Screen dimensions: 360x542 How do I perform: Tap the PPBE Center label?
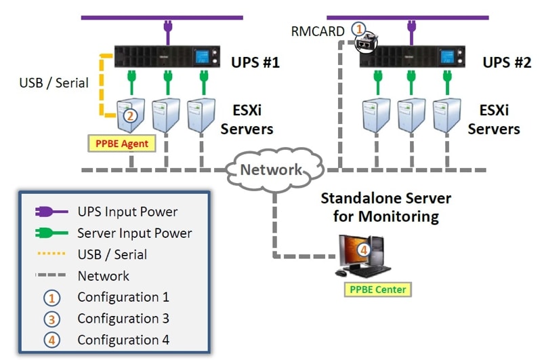tap(378, 289)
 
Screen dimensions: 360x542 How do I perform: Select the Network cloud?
tap(272, 169)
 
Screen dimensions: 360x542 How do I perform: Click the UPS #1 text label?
tap(253, 63)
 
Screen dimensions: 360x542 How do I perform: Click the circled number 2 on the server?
tap(131, 115)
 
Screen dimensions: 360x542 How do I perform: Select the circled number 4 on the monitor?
tap(363, 250)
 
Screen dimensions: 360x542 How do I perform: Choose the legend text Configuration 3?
tap(123, 319)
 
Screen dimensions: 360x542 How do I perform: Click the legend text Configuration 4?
tap(123, 340)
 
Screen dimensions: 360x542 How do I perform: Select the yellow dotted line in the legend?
tap(49, 255)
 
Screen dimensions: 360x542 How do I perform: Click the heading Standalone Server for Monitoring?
tap(385, 207)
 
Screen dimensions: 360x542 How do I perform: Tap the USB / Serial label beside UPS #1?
tap(54, 83)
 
